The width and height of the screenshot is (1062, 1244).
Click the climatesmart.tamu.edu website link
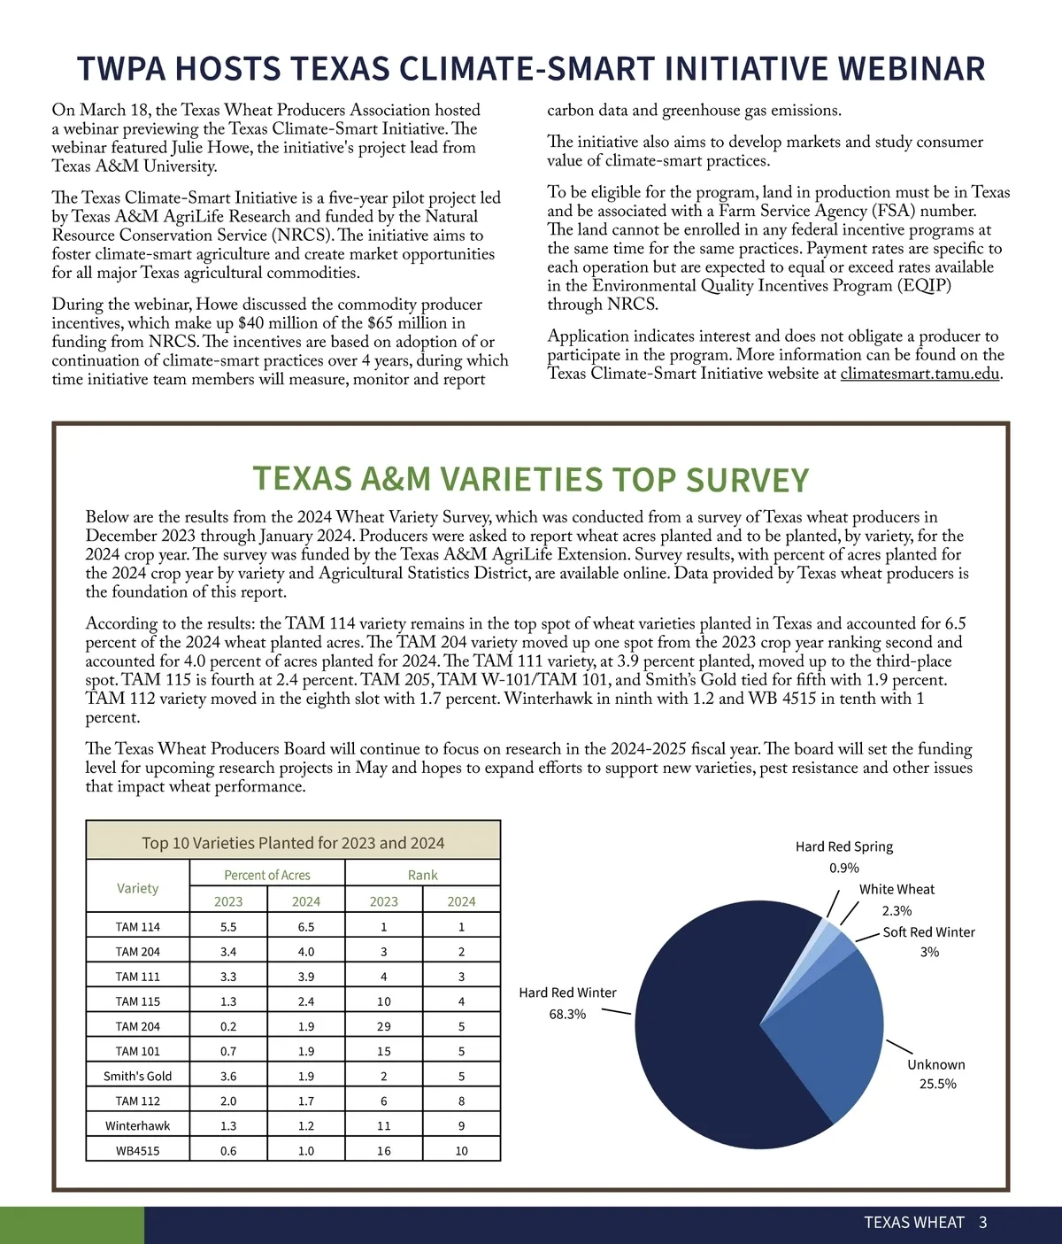point(920,374)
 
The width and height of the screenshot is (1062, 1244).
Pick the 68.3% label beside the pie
point(567,1014)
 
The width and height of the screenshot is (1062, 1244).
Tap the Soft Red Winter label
point(928,932)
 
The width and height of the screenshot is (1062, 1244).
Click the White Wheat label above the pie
point(897,889)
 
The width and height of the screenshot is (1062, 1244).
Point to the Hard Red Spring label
point(843,846)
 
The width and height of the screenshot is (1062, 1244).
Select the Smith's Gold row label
point(138,1076)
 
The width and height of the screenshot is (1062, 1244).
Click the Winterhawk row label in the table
point(138,1125)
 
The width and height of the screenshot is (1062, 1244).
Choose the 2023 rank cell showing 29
point(383,1026)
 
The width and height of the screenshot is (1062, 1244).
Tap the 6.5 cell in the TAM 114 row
point(305,927)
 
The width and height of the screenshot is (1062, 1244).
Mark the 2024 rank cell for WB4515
point(461,1150)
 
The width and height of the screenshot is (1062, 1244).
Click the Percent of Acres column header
point(266,875)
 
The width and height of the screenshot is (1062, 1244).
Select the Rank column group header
point(422,875)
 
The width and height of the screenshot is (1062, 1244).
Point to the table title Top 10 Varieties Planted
point(293,843)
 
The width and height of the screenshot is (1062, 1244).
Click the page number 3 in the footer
point(982,1223)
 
